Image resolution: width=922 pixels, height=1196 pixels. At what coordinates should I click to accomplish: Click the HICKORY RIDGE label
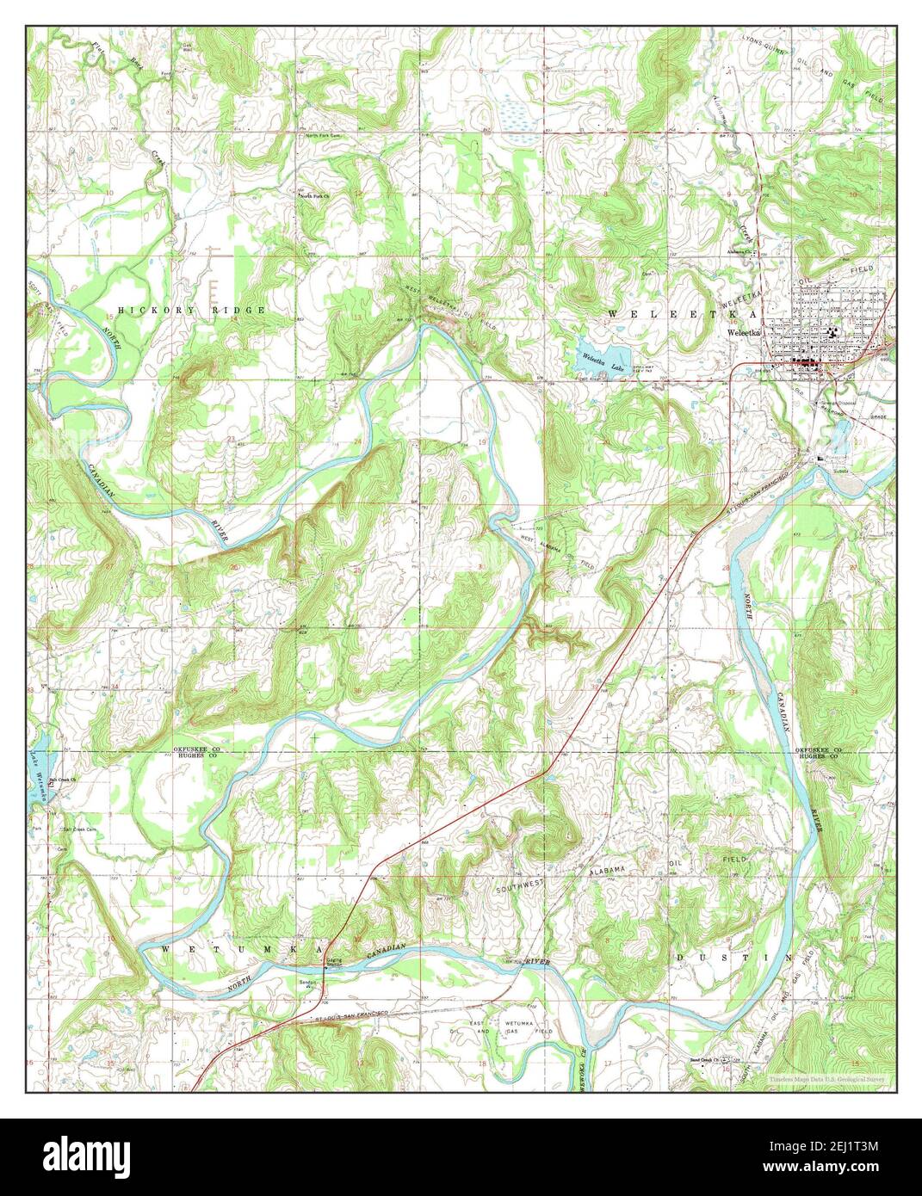[192, 309]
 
